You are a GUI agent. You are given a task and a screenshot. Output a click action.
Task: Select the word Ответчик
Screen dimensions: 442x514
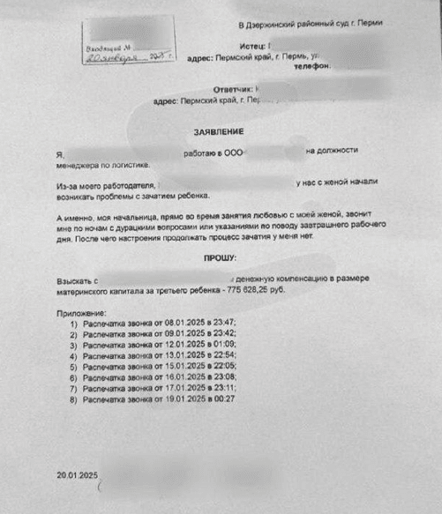pos(232,89)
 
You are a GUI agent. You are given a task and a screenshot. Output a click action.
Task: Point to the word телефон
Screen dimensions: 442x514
pos(311,66)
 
